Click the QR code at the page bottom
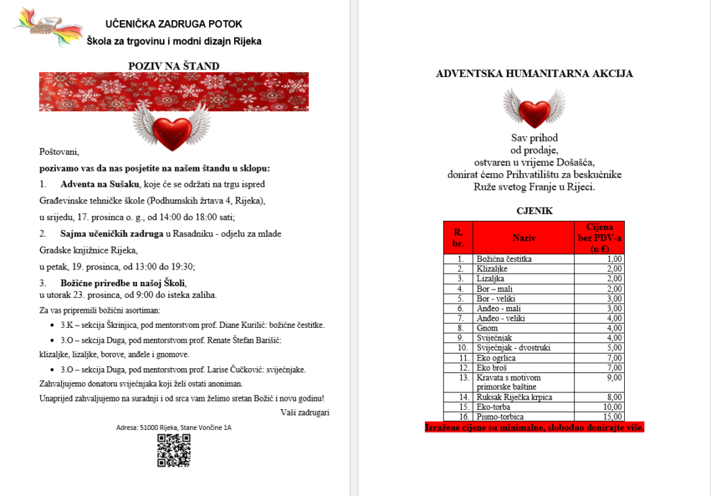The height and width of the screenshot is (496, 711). pos(173,450)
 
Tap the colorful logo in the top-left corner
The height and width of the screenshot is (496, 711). pos(47,27)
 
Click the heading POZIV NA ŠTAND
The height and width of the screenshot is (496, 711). pos(174,66)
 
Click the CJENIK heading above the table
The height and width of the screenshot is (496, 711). pos(534,210)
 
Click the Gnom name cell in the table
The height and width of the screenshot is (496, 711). pos(524,328)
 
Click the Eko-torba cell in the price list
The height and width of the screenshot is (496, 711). pos(524,406)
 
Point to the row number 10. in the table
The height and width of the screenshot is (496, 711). pos(458,347)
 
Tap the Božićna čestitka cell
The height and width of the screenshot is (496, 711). pos(524,259)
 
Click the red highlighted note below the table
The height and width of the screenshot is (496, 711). pos(534,427)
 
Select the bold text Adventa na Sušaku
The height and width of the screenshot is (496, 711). pos(100,184)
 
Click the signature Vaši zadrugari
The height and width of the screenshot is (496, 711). pos(305,412)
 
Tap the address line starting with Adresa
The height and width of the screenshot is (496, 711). pos(174,427)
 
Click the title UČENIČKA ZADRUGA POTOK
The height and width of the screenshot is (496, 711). pos(174,24)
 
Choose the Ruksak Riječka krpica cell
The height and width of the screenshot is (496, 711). pos(524,397)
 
